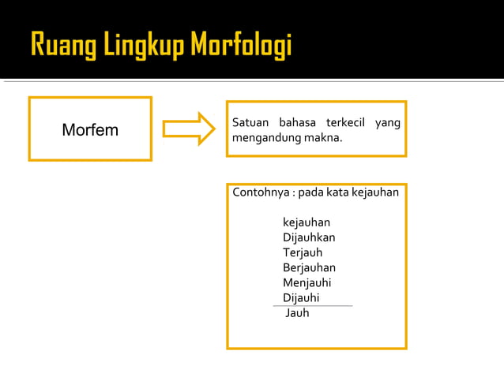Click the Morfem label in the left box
90,130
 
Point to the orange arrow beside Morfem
188,129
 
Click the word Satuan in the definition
250,124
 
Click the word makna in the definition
324,139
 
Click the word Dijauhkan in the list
309,237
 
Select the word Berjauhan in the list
309,267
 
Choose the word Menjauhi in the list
307,282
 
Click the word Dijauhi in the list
302,297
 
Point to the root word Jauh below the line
297,313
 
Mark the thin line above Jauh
312,305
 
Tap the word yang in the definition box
389,124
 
